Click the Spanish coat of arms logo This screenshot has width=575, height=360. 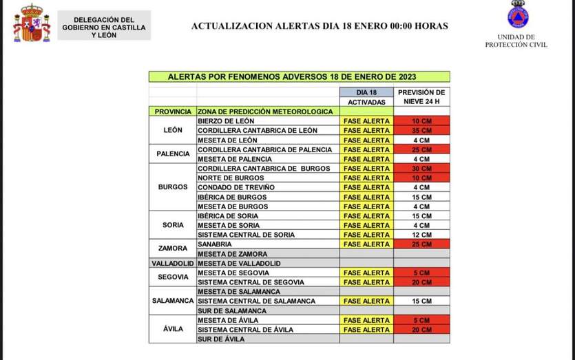click(32, 23)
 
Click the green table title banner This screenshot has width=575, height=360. click(300, 76)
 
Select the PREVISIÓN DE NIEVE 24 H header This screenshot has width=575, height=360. click(421, 96)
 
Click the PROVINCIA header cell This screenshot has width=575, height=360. click(172, 111)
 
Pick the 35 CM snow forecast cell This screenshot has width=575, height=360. click(421, 130)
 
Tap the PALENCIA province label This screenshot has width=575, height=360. click(172, 154)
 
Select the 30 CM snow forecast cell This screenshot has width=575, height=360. click(421, 168)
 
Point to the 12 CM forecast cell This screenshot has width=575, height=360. click(421, 235)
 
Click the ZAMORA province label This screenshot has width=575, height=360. click(172, 248)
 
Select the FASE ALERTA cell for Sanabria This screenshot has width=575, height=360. click(366, 244)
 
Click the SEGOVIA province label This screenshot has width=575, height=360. click(172, 277)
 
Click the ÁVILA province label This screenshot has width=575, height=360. click(172, 329)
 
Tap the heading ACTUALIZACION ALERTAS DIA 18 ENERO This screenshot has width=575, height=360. click(319, 26)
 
